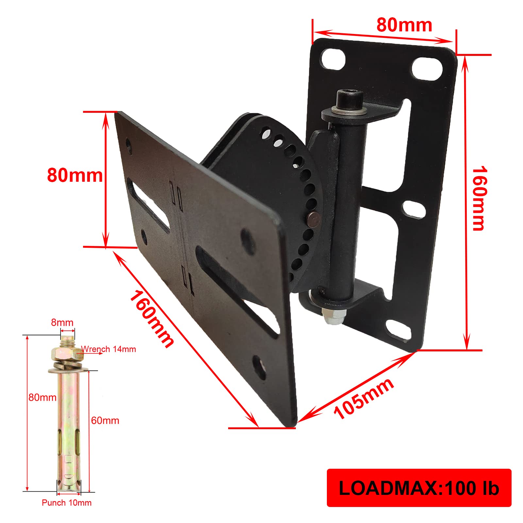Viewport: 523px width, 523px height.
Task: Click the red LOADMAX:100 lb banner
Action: [x=419, y=488]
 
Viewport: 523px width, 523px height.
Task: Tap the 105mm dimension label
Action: [x=364, y=399]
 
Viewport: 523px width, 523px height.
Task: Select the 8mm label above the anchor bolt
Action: [x=62, y=323]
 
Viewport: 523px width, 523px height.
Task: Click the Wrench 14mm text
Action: [x=109, y=349]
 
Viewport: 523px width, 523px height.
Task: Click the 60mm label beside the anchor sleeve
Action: [x=105, y=420]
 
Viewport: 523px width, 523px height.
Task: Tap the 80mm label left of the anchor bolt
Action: [x=42, y=397]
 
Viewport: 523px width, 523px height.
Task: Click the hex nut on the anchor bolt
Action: [x=64, y=353]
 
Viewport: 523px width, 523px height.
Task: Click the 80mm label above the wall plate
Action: [x=404, y=25]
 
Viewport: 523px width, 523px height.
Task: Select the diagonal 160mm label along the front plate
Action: [x=152, y=319]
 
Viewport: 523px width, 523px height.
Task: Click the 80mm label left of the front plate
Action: [x=75, y=175]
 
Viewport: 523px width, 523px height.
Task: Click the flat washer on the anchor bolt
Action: [x=68, y=370]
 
